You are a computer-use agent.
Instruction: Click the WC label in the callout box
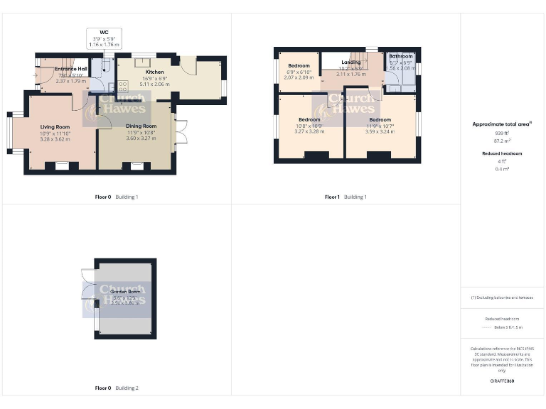point(103,32)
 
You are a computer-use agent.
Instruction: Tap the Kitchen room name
point(154,72)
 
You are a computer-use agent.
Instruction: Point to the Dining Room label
point(141,126)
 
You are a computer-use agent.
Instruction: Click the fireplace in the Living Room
point(62,166)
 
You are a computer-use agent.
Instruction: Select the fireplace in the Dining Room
point(136,166)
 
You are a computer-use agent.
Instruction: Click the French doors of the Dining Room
point(181,135)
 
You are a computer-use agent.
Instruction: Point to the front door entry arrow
point(36,74)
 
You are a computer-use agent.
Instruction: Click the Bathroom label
point(400,56)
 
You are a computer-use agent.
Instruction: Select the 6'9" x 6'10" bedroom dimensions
point(299,72)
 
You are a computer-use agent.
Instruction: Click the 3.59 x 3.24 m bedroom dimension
point(380,131)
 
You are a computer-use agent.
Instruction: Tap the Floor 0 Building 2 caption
point(117,388)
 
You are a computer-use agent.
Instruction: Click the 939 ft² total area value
point(502,133)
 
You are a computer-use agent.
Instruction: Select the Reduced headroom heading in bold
point(502,153)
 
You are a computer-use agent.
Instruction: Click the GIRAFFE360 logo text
point(502,381)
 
